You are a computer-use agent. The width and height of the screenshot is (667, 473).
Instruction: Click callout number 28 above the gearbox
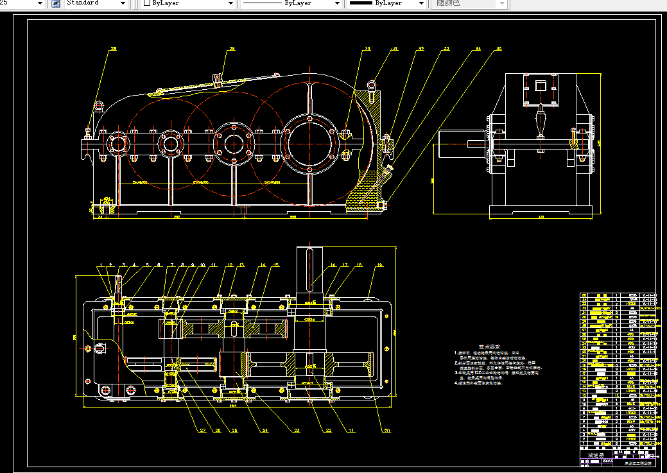(232, 48)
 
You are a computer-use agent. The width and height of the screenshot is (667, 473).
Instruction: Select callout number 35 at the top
(499, 49)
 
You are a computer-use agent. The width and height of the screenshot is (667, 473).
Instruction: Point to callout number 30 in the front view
(367, 49)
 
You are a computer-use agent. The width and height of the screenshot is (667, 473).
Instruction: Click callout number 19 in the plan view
(380, 264)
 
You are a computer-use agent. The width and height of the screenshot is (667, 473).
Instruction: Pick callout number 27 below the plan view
(202, 430)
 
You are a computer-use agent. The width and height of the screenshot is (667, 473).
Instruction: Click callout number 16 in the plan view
(333, 264)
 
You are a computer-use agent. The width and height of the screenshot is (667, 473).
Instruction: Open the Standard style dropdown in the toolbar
(96, 3)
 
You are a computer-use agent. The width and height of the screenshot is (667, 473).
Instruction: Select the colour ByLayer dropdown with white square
(188, 3)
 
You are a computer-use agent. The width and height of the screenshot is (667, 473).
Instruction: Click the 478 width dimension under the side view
(541, 217)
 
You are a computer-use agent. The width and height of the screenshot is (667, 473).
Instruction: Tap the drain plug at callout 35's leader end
(384, 205)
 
